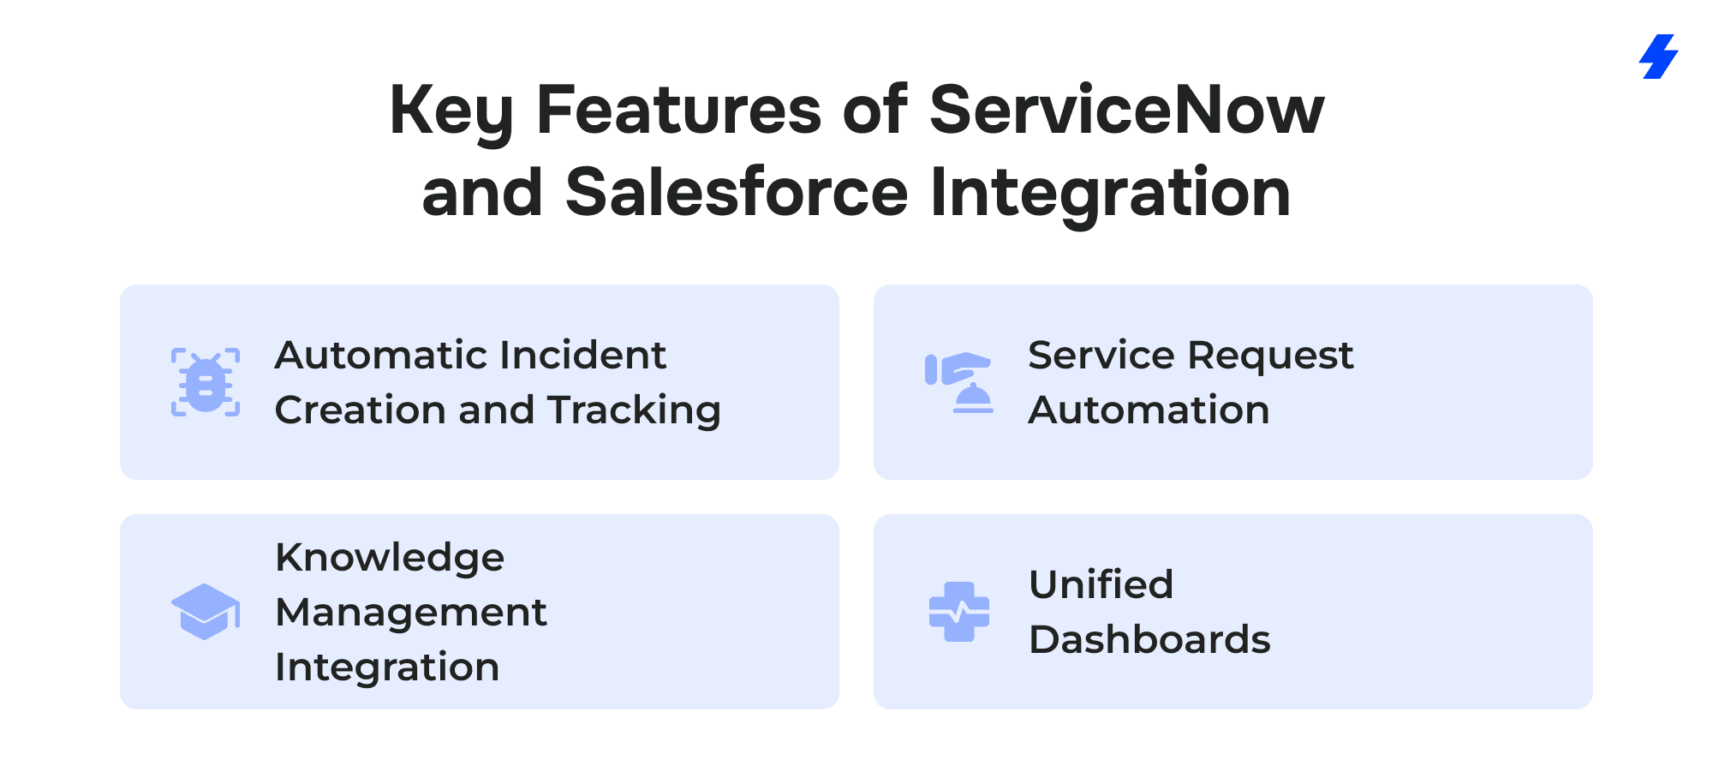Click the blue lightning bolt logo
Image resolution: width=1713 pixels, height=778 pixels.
pos(1659,57)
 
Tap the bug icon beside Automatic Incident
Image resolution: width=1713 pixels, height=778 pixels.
pos(206,382)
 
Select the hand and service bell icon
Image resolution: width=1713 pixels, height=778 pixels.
pos(959,382)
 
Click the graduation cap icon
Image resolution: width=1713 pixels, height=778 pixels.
pos(206,612)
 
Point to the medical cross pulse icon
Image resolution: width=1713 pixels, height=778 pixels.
pos(959,612)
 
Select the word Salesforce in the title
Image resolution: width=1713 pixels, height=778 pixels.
pos(737,192)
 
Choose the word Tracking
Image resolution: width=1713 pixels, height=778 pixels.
pos(635,411)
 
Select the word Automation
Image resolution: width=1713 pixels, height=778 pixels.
pos(1149,410)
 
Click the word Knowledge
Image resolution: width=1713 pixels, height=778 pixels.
pos(390,559)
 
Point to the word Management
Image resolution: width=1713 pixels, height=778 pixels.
pos(411,613)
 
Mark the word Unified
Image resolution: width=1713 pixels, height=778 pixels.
pos(1101,584)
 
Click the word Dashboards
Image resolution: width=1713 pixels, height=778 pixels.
pos(1150,639)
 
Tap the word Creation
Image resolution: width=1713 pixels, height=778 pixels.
pos(362,410)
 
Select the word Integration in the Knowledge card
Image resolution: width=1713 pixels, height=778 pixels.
pos(387,668)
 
